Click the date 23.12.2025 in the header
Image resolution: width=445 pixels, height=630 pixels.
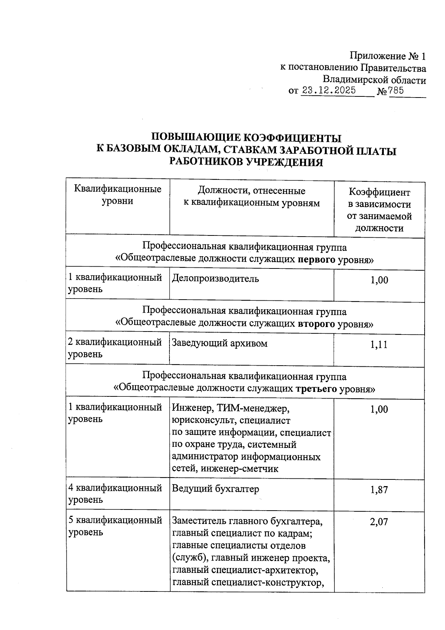click(x=329, y=90)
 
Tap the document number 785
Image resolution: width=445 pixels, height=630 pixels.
click(x=396, y=90)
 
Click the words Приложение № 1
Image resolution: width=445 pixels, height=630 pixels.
click(x=388, y=56)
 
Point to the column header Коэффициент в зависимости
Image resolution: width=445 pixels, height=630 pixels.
click(x=379, y=198)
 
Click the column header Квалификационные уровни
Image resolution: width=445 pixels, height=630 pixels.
click(x=118, y=195)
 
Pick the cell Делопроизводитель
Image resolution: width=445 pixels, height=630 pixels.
click(x=215, y=278)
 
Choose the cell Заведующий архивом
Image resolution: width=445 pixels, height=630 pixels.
click(x=220, y=343)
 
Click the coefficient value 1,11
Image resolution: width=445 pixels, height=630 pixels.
click(x=379, y=345)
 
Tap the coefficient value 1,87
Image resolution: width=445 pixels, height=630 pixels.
click(x=379, y=490)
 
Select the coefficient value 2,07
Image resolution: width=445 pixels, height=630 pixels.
click(x=379, y=522)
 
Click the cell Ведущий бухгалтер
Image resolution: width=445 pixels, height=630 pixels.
click(x=215, y=489)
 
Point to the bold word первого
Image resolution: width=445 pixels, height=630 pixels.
click(x=317, y=260)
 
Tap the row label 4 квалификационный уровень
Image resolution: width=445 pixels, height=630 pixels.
click(x=115, y=494)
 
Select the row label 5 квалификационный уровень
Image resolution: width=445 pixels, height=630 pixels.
click(x=115, y=526)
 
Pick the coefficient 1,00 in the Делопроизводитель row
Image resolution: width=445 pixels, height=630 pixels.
click(x=379, y=280)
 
